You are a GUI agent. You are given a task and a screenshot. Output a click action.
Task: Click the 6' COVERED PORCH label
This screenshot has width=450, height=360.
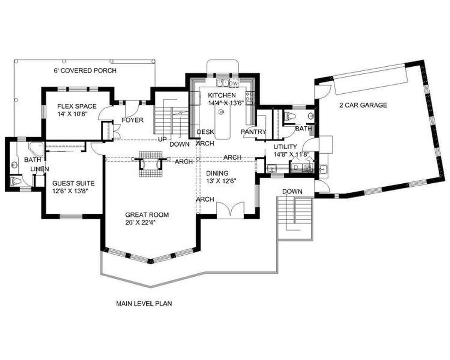pos(85,70)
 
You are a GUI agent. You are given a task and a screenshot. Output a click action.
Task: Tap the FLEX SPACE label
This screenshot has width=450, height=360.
pos(77,106)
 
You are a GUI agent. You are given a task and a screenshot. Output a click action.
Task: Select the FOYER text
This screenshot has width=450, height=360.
pos(132,120)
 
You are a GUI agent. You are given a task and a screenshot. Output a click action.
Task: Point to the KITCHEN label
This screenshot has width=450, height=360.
pos(222,95)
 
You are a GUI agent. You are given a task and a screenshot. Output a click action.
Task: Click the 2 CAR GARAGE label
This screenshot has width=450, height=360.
pos(363,105)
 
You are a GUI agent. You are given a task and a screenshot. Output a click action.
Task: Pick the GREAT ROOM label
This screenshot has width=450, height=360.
pos(147,215)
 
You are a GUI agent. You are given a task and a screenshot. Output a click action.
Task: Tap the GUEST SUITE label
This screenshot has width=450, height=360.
pos(73,183)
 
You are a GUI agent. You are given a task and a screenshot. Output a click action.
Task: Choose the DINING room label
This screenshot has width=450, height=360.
pos(217,173)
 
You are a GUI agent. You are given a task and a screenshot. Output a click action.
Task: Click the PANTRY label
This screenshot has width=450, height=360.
pos(253,132)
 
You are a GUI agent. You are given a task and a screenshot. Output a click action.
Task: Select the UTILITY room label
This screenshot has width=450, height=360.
pos(285,147)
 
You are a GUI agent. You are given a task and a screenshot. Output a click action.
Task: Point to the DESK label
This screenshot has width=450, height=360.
pos(205,132)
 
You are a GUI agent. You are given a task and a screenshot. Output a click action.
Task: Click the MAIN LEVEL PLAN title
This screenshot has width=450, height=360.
pos(144,303)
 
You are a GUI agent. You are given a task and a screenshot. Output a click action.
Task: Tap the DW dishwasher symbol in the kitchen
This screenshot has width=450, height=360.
pos(234,82)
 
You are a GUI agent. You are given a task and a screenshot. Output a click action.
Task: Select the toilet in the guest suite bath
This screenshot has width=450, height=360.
pos(16,181)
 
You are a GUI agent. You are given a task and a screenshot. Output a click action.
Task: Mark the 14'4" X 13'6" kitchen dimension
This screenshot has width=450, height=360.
pos(226,103)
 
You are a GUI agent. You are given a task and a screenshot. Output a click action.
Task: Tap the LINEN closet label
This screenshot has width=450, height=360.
pos(40,170)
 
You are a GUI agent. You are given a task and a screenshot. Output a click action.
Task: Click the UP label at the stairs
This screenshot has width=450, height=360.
pos(162,140)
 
